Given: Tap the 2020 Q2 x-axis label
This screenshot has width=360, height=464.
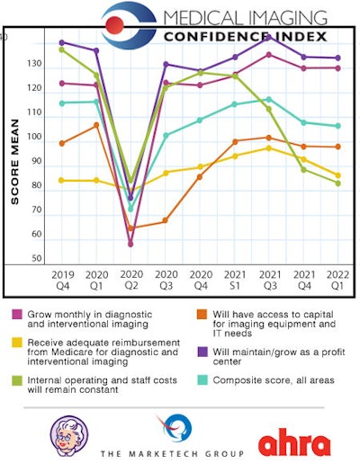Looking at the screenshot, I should point(130,281).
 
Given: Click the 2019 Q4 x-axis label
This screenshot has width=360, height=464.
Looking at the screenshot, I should point(61,281).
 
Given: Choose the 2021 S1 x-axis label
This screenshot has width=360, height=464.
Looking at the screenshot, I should point(234,281).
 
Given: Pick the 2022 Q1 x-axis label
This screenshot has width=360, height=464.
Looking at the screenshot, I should point(337,281).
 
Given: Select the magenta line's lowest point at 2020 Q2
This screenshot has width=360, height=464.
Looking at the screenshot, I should point(130,244).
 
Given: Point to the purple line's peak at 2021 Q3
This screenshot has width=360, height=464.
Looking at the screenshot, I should point(268,36).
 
